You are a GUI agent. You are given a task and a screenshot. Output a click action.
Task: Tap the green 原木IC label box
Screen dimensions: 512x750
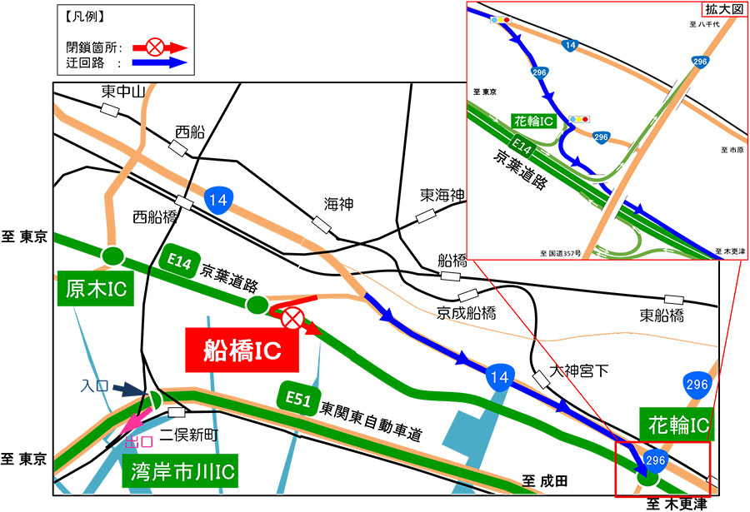point(95,290)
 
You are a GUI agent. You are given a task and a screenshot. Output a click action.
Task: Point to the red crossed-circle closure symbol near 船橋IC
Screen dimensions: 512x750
point(292,318)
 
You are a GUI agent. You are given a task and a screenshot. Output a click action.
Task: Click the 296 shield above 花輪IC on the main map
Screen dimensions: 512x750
point(696,384)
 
